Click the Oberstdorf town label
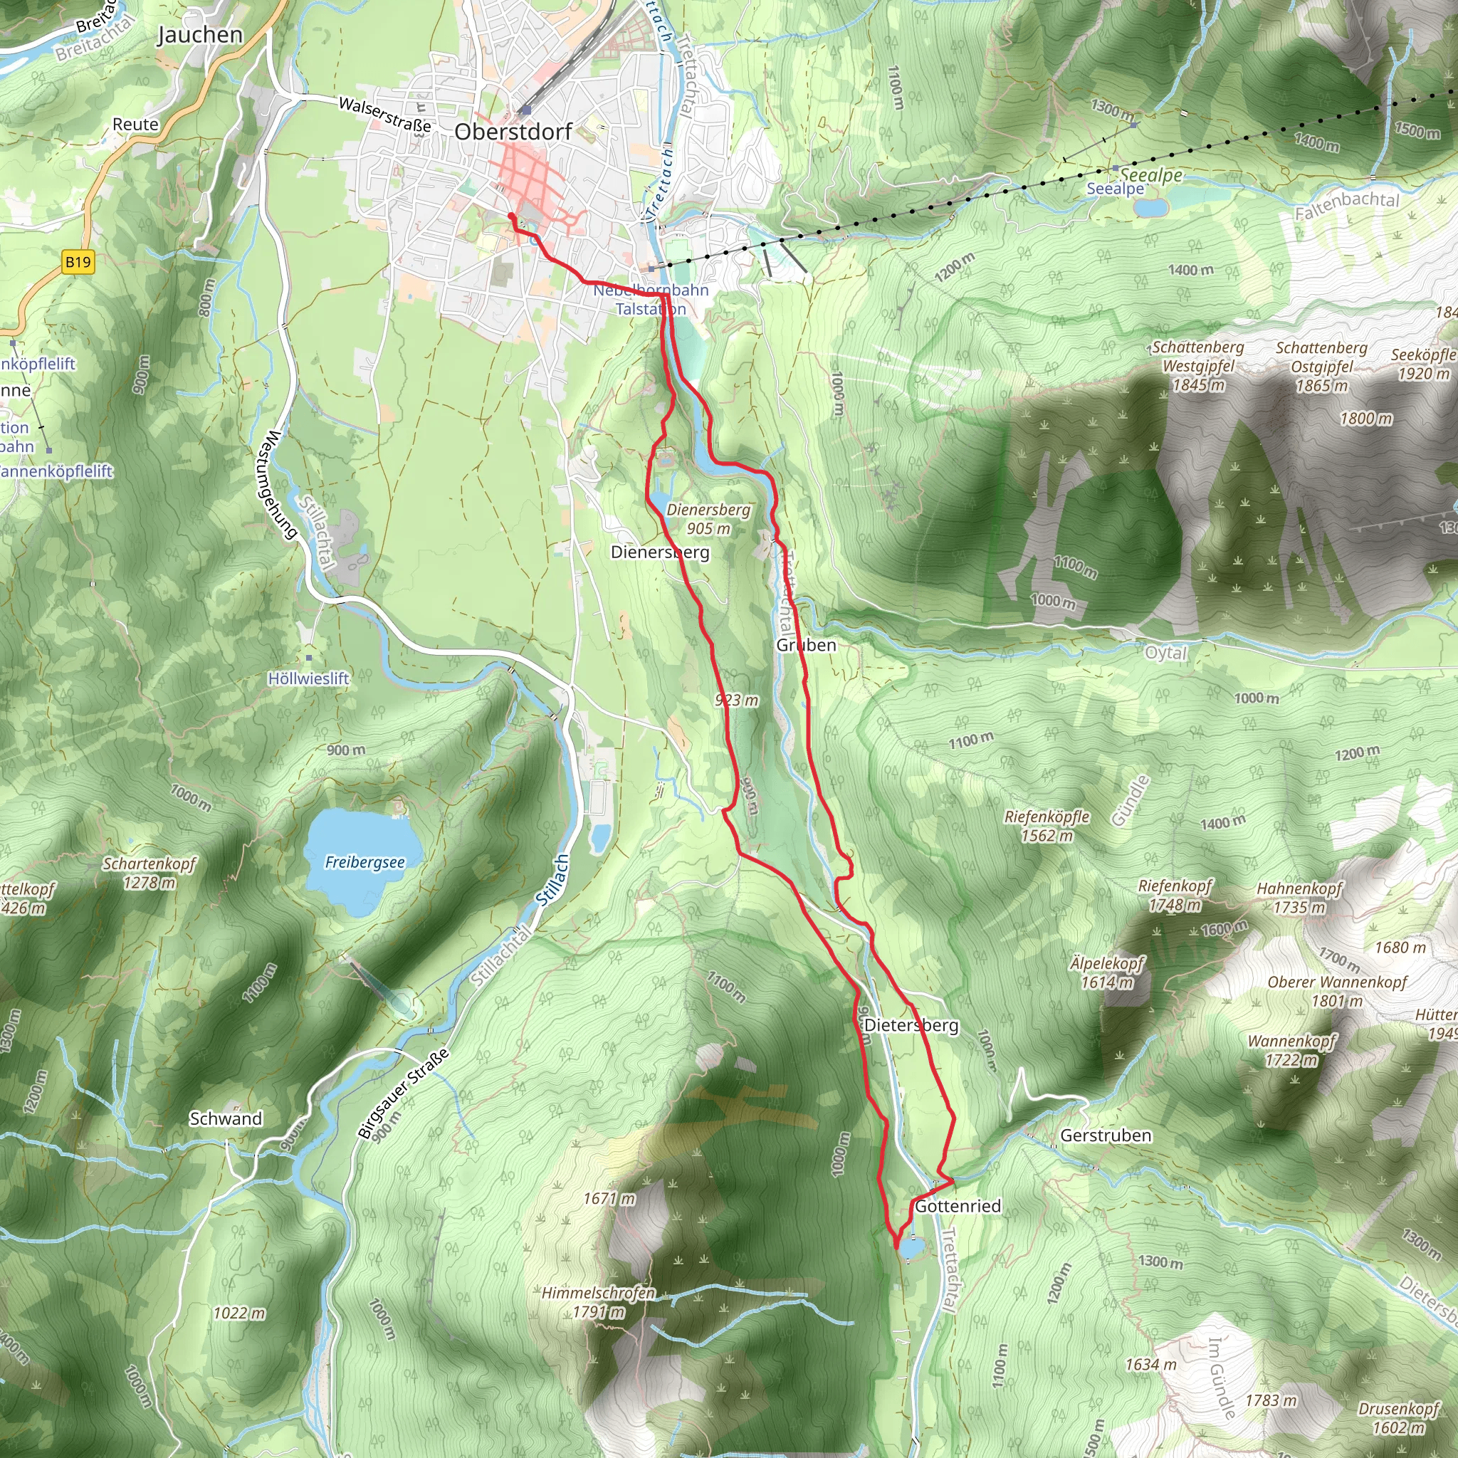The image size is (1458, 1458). [x=513, y=132]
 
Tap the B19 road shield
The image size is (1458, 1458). [x=78, y=263]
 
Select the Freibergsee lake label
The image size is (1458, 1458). [x=364, y=862]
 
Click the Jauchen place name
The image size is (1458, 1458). [x=200, y=36]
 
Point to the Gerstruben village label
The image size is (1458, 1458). [x=1106, y=1136]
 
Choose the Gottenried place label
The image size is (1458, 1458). [x=958, y=1206]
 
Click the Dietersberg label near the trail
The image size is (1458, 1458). [x=911, y=1026]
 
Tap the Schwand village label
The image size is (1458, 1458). [x=226, y=1118]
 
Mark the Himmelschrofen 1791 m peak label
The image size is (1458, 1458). [x=599, y=1303]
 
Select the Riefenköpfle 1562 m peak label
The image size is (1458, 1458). [x=1047, y=826]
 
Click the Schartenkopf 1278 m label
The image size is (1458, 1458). [x=150, y=872]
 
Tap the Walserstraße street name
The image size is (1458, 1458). [x=385, y=114]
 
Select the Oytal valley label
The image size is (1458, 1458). [x=1166, y=653]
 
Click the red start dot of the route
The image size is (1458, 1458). [x=512, y=216]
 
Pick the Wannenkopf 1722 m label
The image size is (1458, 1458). [x=1291, y=1051]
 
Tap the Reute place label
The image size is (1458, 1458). [x=136, y=125]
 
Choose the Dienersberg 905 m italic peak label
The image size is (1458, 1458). [x=708, y=519]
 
